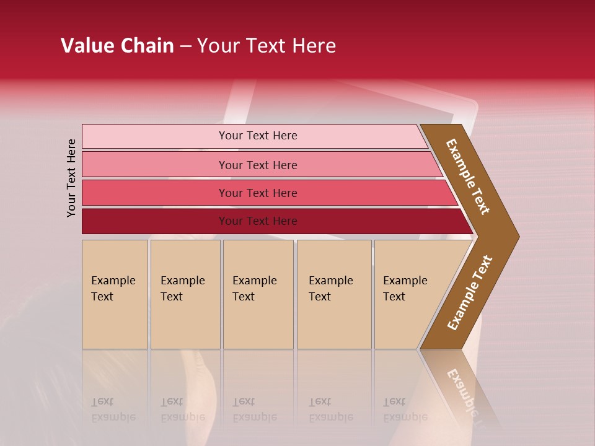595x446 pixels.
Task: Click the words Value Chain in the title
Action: pos(117,46)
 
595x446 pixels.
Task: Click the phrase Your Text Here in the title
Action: pos(267,46)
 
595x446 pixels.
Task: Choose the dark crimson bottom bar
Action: pos(155,221)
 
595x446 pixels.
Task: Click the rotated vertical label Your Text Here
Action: pos(72,178)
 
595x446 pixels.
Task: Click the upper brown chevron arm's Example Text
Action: pos(469,177)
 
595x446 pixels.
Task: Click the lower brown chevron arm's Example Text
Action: pos(470,292)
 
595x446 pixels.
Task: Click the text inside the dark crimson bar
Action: pos(258,221)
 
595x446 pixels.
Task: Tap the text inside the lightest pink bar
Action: pos(258,136)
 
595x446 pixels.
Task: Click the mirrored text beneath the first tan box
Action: pos(113,409)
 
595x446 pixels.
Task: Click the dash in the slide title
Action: pos(185,46)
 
